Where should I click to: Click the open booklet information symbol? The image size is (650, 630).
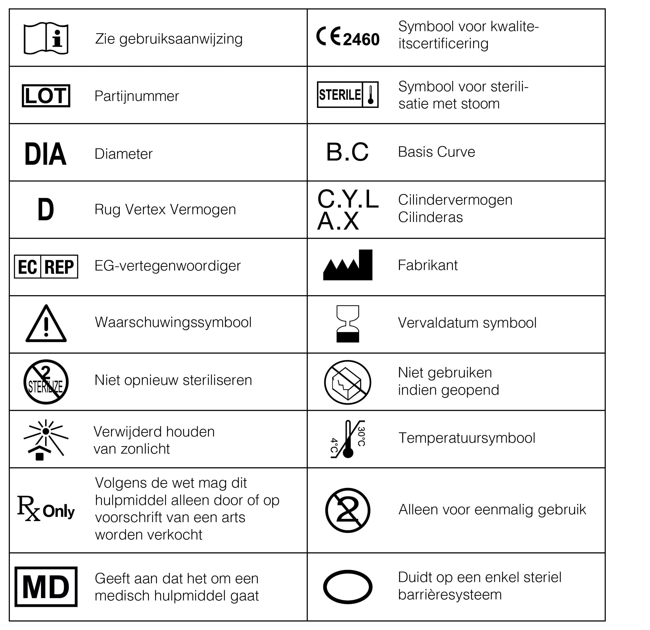(x=46, y=38)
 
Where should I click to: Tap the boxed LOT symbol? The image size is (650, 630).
(x=46, y=96)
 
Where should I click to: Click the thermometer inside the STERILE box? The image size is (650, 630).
(x=370, y=95)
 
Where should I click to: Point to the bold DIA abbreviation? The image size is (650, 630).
(x=46, y=154)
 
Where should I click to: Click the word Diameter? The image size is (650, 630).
(x=123, y=154)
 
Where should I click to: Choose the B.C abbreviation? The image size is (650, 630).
(x=347, y=152)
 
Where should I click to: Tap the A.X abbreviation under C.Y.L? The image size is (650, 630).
(x=338, y=221)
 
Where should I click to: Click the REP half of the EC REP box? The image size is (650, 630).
(x=59, y=267)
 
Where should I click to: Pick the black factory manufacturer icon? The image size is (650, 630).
(x=348, y=265)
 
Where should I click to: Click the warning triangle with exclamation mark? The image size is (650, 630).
(x=46, y=324)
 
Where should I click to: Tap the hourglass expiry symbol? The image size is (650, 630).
(x=348, y=324)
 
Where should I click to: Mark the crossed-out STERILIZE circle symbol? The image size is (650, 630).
(x=46, y=382)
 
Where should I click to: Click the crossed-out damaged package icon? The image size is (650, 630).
(x=348, y=382)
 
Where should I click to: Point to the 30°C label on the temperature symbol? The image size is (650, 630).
(x=362, y=437)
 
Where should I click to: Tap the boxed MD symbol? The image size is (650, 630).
(x=46, y=587)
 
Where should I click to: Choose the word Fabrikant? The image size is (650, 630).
(x=427, y=265)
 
